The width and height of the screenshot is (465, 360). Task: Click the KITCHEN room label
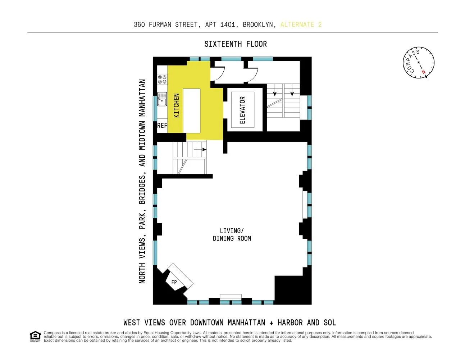coord(177,105)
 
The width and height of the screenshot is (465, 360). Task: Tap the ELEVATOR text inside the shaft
coord(242,110)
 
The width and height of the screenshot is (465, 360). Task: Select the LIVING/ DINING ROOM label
coord(232,235)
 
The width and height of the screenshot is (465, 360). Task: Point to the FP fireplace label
coord(174,282)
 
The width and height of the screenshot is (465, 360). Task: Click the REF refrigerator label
coord(162,126)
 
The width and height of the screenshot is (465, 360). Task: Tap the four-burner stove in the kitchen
coord(162,79)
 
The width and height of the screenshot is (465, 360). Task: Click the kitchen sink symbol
coord(162,99)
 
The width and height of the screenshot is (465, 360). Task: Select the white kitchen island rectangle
coord(192,111)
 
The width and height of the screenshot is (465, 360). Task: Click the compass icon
coord(419,62)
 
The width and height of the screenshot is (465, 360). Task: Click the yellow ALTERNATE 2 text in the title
coord(301,24)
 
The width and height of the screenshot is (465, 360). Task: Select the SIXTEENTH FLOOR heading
coord(236,44)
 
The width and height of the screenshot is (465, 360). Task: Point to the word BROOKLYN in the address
coord(257,24)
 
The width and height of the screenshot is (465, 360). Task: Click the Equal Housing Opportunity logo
coord(35,336)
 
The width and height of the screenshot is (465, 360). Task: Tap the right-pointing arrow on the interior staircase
coord(200,149)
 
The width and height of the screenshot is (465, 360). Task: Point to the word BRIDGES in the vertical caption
coord(142,190)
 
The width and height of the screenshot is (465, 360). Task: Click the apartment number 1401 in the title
coord(228,24)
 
